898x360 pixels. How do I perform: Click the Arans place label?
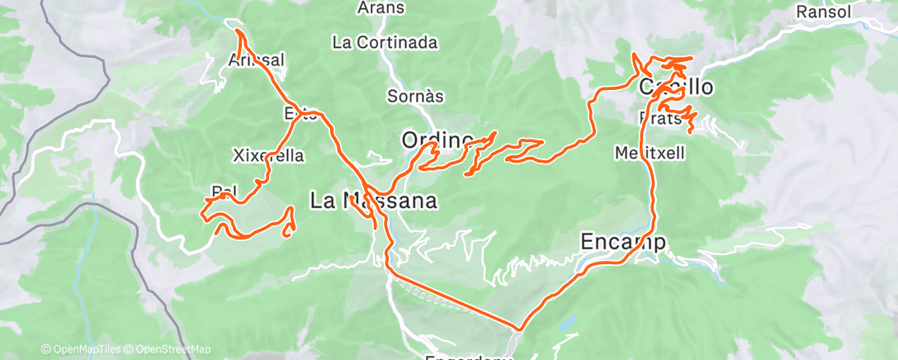pos(381,8)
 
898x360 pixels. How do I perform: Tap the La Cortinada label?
pos(385,41)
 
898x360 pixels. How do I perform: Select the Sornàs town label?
pos(415,97)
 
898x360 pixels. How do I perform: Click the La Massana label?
pos(373,200)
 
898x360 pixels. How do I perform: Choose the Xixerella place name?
pos(269,155)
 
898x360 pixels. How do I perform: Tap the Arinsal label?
pos(257,59)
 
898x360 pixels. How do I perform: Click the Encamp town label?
pos(623,241)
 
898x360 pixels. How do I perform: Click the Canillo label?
pos(677,88)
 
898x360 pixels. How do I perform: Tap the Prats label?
pos(659,118)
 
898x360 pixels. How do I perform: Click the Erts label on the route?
pos(300,114)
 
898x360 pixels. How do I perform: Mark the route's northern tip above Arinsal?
pos(239,31)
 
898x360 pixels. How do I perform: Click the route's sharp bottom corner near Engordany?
pos(518,328)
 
